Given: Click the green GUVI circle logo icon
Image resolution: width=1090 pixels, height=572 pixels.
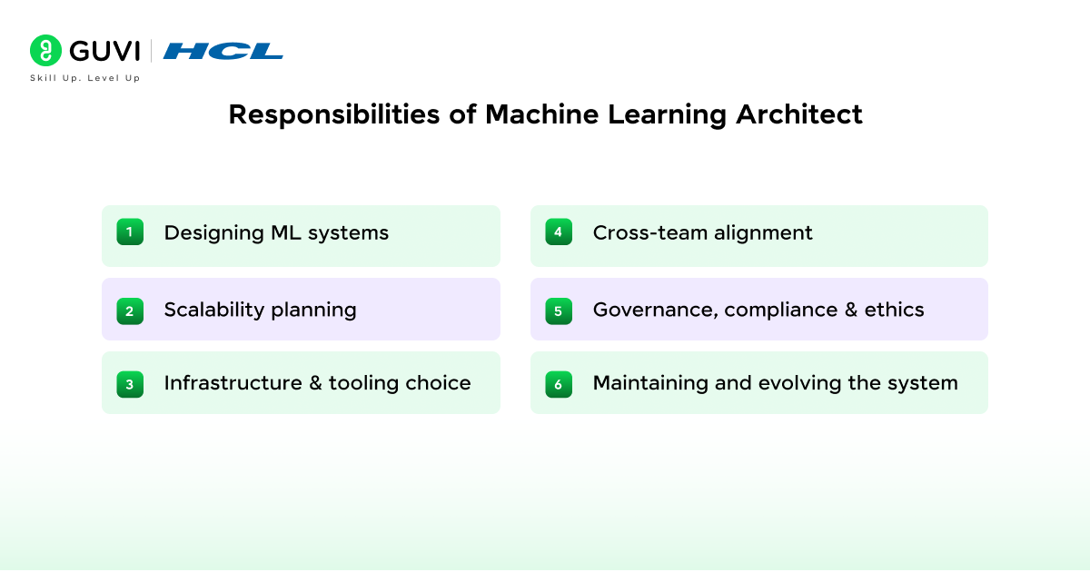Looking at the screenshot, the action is point(45,50).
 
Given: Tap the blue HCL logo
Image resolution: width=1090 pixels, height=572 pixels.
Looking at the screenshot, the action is point(223,51).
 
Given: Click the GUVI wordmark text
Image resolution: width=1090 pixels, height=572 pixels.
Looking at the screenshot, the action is point(104,51).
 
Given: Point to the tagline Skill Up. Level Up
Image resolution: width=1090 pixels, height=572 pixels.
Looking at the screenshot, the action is point(85,78).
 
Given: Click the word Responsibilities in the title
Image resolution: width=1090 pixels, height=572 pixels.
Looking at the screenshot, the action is point(334,114).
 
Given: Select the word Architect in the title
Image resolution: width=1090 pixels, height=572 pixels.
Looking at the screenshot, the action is point(799,114).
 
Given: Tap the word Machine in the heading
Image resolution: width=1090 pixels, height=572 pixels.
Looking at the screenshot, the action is point(541,114).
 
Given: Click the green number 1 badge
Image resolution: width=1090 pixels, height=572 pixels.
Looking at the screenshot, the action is point(130,232).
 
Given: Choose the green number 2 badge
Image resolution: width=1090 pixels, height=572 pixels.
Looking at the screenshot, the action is point(130,311).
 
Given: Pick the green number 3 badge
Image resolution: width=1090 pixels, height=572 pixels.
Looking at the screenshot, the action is point(130,384).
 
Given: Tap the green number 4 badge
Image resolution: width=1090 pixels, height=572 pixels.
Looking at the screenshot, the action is point(559,232).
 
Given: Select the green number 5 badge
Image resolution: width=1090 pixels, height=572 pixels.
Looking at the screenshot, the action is point(559,311).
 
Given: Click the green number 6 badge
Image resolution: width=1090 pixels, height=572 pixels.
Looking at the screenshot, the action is point(559,384).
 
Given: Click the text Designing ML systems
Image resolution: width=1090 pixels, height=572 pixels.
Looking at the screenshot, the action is point(276,233).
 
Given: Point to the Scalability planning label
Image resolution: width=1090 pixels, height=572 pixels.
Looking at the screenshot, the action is point(261,311).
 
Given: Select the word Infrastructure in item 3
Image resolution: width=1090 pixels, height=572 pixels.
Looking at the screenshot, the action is point(233,383).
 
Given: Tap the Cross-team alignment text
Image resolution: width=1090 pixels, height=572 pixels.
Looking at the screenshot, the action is point(703,233).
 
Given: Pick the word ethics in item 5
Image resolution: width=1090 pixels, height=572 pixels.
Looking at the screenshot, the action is point(894,310).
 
